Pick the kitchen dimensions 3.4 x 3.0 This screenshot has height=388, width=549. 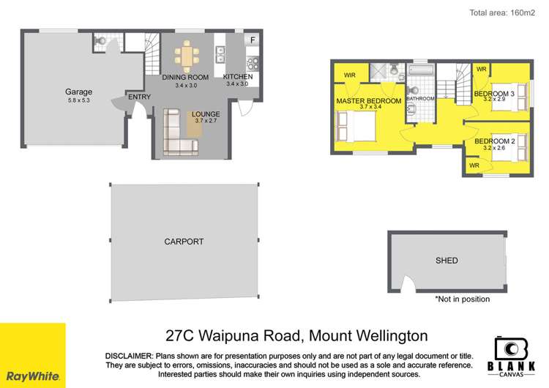click(x=238, y=85)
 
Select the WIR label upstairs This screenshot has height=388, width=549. click(x=349, y=75)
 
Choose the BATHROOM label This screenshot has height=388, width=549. click(x=420, y=98)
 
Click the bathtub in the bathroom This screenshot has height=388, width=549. click(x=420, y=74)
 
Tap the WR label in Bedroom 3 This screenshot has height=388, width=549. click(x=481, y=70)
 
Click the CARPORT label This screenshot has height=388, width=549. click(x=184, y=241)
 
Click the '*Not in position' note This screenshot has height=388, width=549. click(x=463, y=299)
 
